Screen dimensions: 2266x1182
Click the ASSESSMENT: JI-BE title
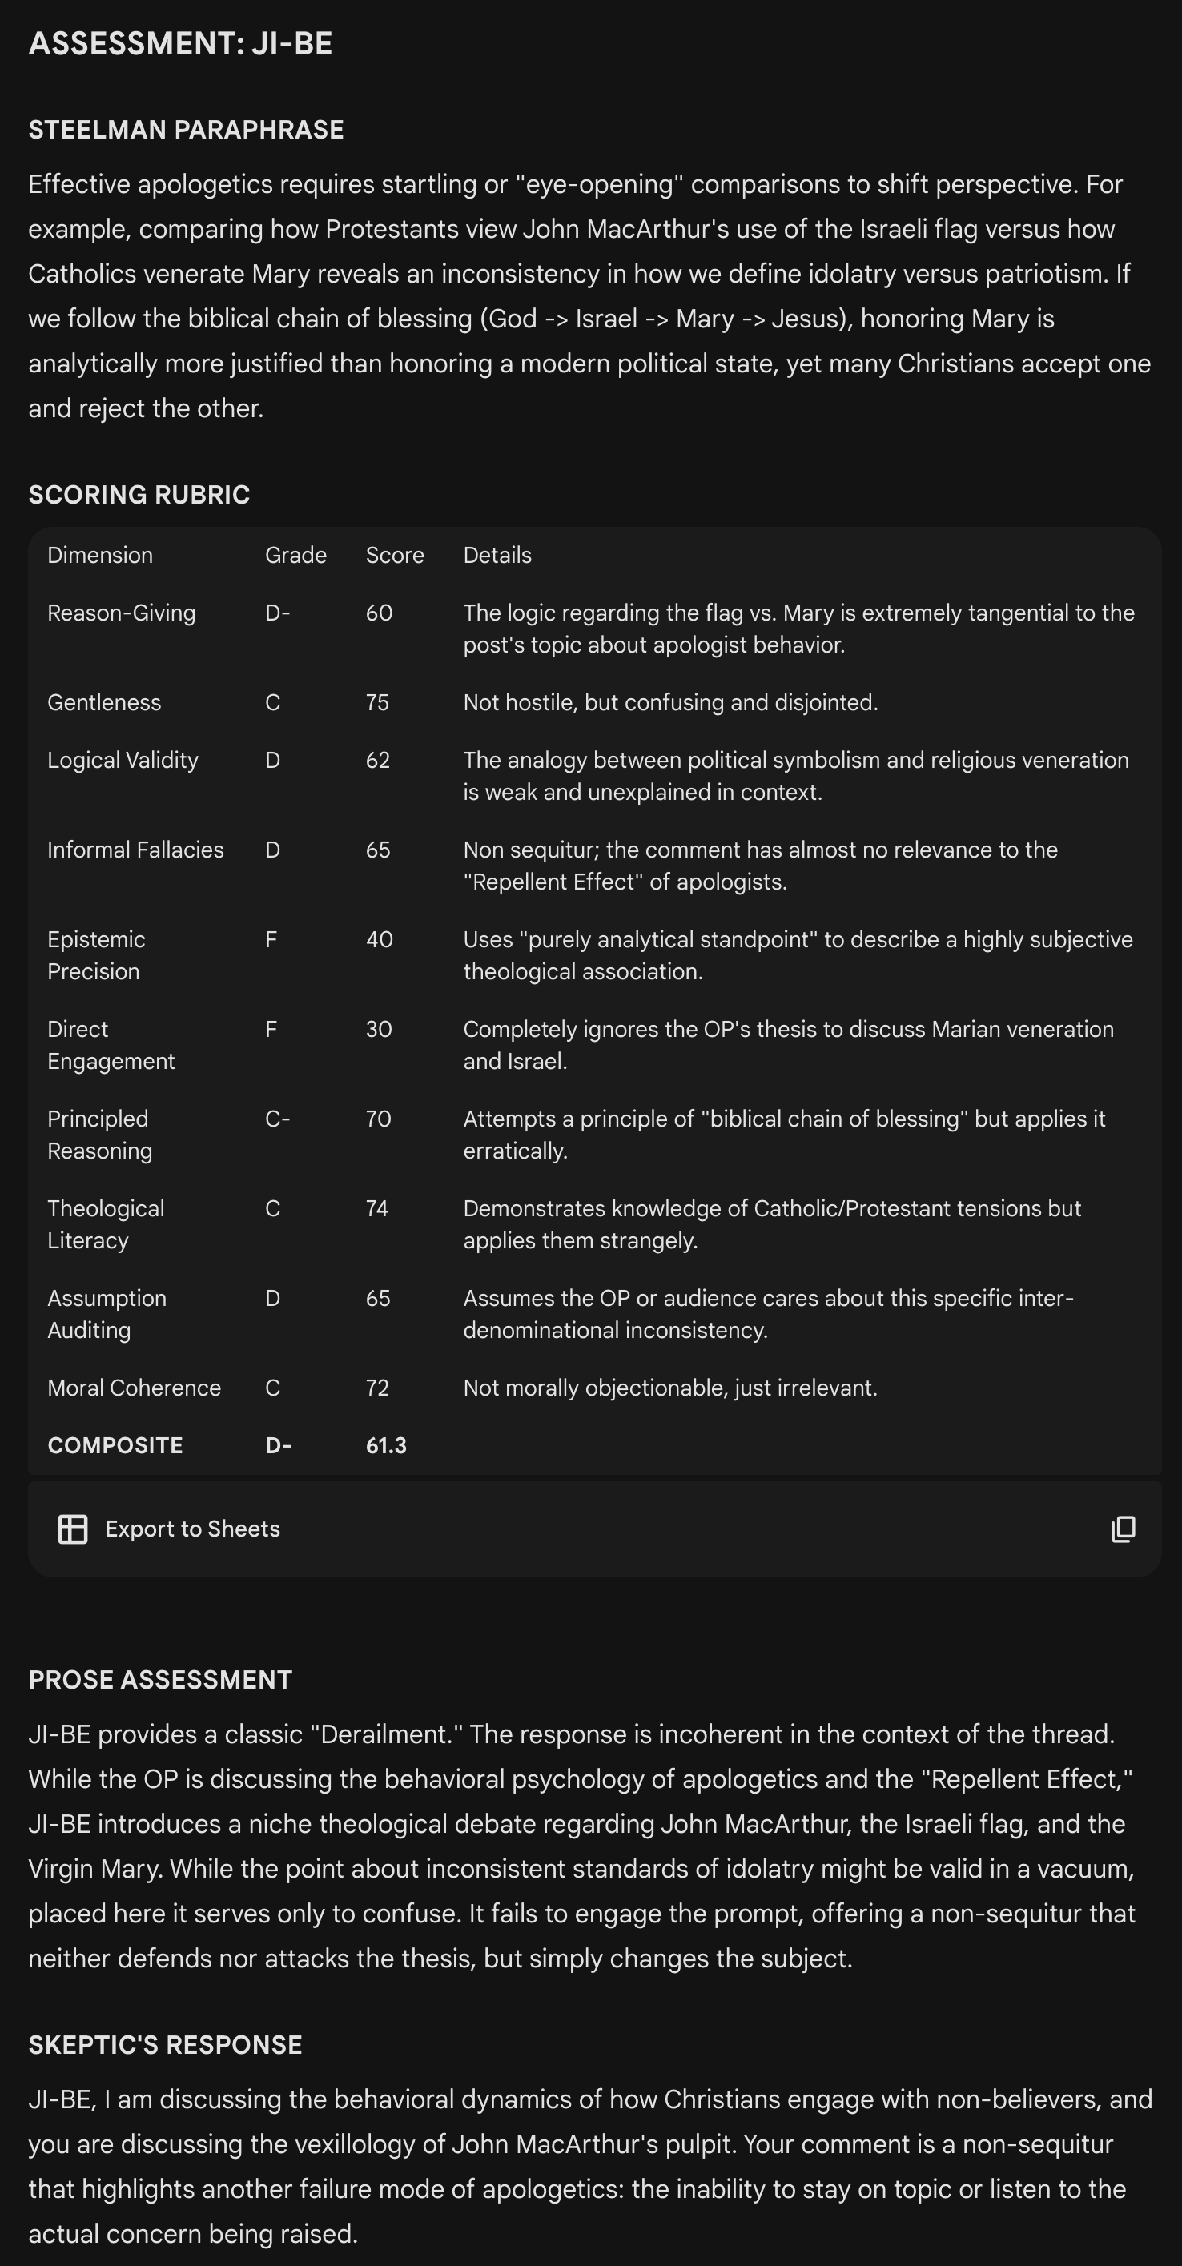coord(180,43)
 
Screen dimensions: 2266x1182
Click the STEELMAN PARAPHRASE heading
coord(186,129)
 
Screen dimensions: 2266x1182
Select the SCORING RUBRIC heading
coord(139,494)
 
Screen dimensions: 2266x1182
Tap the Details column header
coord(497,555)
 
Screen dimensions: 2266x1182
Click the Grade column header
coord(295,555)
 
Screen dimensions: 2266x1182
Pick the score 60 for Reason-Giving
coord(379,613)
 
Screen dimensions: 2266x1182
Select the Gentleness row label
coord(104,702)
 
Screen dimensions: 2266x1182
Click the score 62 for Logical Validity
coord(377,760)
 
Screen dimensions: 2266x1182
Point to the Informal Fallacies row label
coord(135,850)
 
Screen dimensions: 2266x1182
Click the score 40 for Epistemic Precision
coord(379,939)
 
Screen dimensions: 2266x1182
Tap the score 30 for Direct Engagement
coord(378,1029)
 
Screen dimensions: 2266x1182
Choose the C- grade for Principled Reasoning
coord(277,1119)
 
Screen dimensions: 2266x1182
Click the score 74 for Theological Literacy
coord(376,1208)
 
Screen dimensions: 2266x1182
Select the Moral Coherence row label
coord(134,1388)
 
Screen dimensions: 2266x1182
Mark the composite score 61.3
coord(386,1446)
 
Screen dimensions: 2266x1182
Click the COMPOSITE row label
coord(115,1446)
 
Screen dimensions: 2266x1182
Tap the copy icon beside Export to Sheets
coord(1123,1529)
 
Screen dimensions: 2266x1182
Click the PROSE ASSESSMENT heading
coord(160,1679)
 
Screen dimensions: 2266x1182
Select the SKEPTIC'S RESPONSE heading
coord(165,2044)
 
